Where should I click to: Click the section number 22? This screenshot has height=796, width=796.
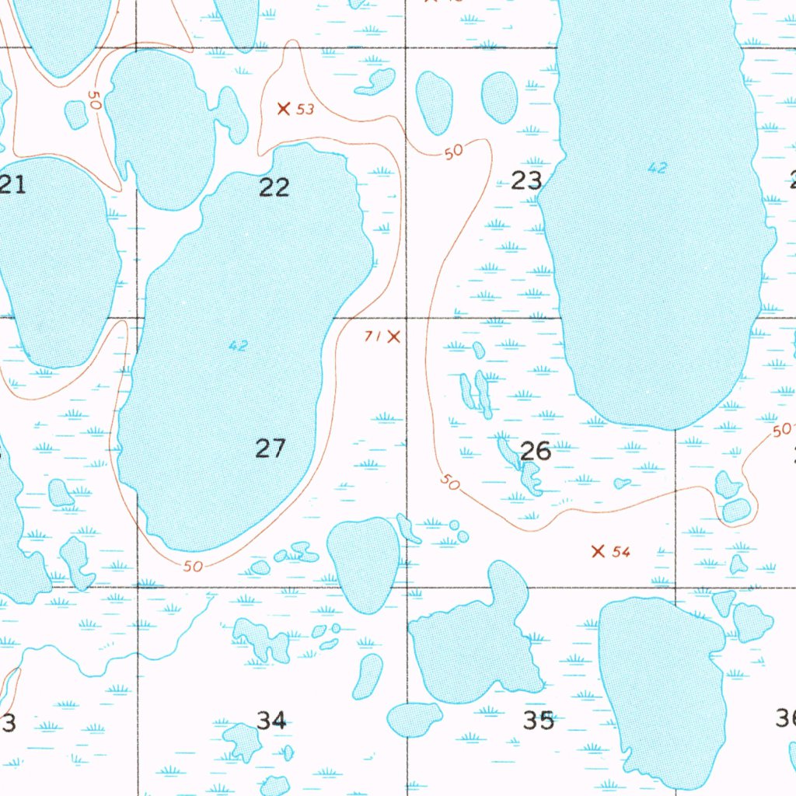point(274,187)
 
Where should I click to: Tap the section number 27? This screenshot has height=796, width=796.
point(271,449)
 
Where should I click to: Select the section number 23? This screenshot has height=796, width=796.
point(526,181)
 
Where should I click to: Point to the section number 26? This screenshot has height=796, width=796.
point(536,451)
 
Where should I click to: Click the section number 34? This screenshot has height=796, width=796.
point(271,721)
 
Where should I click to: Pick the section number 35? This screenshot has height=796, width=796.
point(538,721)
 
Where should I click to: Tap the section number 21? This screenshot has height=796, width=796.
point(12,185)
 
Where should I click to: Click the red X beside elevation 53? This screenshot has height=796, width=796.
point(284,108)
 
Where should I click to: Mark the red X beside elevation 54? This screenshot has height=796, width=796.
point(598,551)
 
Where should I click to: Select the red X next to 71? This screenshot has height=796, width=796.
point(394,337)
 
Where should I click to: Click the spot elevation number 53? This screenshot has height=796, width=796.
point(305,110)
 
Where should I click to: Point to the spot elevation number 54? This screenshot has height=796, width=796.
point(620,552)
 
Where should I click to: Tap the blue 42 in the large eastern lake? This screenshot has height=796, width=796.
point(657,167)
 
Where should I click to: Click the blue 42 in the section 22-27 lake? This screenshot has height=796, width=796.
point(238,346)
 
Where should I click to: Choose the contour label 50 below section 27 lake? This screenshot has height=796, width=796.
point(194,567)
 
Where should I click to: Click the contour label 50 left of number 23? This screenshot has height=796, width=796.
point(454,152)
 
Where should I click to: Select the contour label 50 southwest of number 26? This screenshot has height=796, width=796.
point(449,482)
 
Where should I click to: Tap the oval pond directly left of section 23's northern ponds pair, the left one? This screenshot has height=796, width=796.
point(435,101)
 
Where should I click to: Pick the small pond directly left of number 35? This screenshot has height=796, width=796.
point(414,719)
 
